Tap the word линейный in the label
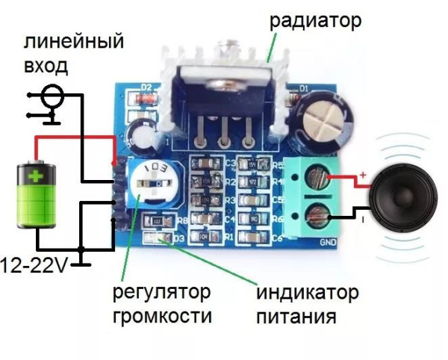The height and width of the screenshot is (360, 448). coord(73,43)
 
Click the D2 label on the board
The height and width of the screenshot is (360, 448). coord(146,88)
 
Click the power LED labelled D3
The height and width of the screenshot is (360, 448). coord(159,238)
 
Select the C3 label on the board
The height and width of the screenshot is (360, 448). coord(231,162)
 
